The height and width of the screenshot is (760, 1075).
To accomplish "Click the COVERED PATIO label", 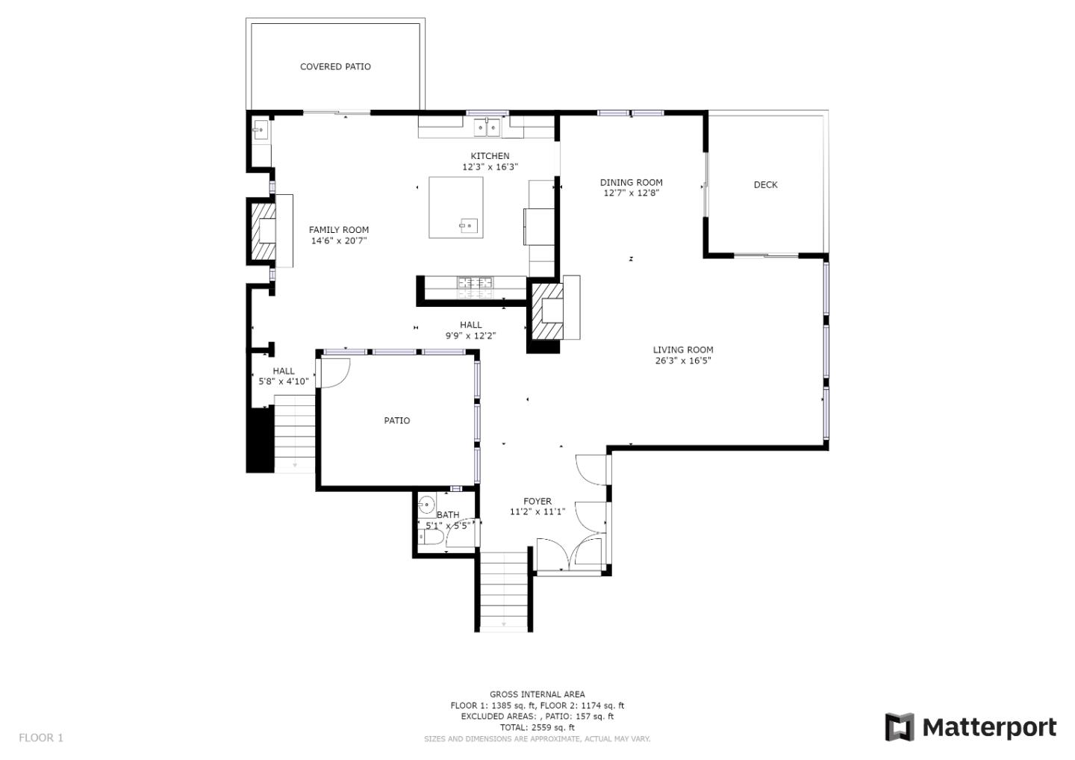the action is (x=335, y=66).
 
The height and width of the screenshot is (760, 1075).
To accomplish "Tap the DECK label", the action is (x=765, y=184).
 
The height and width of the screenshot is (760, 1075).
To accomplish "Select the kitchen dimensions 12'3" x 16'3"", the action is (x=490, y=167).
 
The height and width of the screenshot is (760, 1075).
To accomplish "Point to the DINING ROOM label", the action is (x=631, y=182).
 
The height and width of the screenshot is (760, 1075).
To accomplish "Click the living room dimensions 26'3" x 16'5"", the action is (x=683, y=361).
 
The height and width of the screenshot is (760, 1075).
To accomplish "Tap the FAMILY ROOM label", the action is (x=339, y=230).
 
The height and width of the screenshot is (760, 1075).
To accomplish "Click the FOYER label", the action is (x=537, y=501).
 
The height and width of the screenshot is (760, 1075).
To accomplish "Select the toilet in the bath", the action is (x=433, y=538).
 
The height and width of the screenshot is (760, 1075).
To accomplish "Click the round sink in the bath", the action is (x=426, y=505).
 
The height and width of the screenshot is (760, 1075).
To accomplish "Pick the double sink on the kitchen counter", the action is (x=487, y=127).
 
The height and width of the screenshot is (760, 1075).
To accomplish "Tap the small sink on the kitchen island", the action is (x=468, y=225).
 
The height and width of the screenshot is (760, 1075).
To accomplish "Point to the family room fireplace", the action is (x=264, y=231).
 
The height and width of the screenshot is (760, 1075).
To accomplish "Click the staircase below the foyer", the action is (x=504, y=591).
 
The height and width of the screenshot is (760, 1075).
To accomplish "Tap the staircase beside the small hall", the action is (x=294, y=434).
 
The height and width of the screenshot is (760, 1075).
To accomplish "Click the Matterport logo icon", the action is (x=900, y=727).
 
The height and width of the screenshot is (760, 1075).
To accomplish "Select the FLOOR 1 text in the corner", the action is (x=41, y=738).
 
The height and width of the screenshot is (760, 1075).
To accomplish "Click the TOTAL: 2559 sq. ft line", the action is (x=537, y=727).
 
